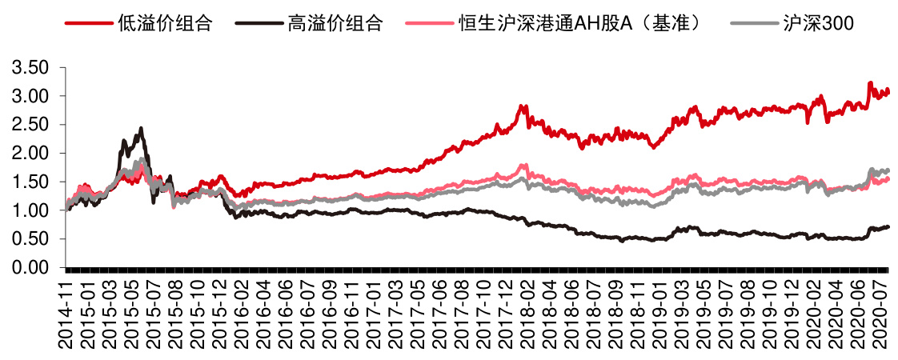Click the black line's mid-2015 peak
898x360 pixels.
(141, 128)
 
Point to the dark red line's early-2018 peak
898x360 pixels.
(522, 106)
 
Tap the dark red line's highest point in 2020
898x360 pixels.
(870, 82)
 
